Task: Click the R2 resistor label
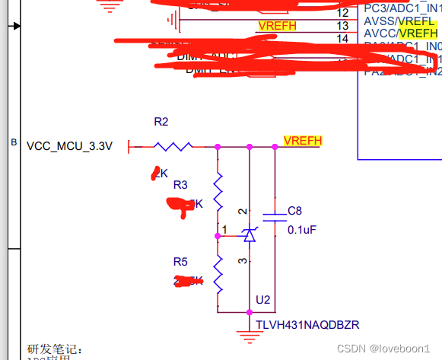pos(161,122)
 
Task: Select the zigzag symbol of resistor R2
pos(173,146)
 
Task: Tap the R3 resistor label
pos(180,185)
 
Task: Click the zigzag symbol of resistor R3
pos(218,192)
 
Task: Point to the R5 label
pos(180,262)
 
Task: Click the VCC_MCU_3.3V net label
pos(69,146)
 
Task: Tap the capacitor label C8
pos(295,211)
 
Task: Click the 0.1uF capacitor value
pos(302,229)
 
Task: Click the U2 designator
pos(263,300)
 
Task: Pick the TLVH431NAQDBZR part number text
pos(307,325)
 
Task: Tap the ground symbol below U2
pos(249,332)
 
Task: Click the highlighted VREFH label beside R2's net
pos(303,141)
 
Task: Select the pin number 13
pos(342,25)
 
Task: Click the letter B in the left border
pos(13,142)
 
